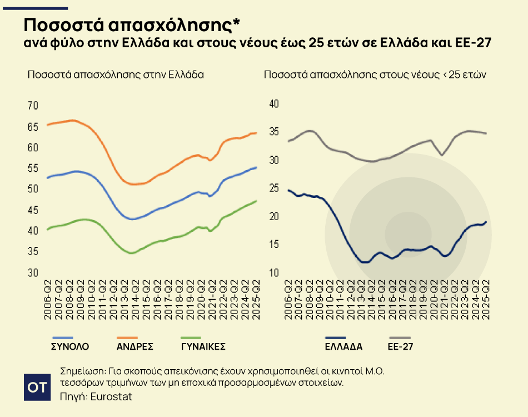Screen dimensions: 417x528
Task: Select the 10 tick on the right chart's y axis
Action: (273, 272)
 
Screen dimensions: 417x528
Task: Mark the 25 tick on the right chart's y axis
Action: (273, 188)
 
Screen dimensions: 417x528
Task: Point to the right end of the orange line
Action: (256, 133)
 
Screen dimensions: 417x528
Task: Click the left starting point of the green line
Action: (48, 229)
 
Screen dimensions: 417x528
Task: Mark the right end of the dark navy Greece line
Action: (486, 222)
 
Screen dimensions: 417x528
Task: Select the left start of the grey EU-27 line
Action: (288, 141)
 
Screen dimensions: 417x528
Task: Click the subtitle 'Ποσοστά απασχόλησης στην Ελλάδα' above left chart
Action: (116, 75)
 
